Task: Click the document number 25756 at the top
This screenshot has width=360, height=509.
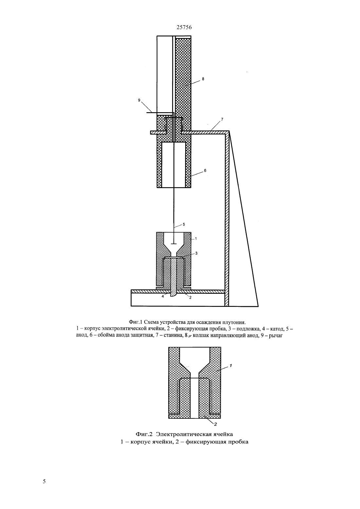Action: point(184,27)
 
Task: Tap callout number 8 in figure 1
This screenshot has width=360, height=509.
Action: point(203,79)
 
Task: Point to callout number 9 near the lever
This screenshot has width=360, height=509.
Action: point(139,100)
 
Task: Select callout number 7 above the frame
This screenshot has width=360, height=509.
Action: point(222,119)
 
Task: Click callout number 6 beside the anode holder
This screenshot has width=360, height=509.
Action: point(205,170)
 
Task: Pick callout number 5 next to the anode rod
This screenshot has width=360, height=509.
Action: point(184,224)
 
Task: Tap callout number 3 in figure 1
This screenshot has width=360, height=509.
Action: point(196,253)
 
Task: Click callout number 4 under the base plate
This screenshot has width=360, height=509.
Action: point(163,296)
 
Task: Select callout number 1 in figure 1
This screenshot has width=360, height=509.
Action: point(196,238)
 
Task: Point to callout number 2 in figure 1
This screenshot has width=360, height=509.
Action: point(190,297)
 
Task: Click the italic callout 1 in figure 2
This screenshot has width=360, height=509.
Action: point(231,366)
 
